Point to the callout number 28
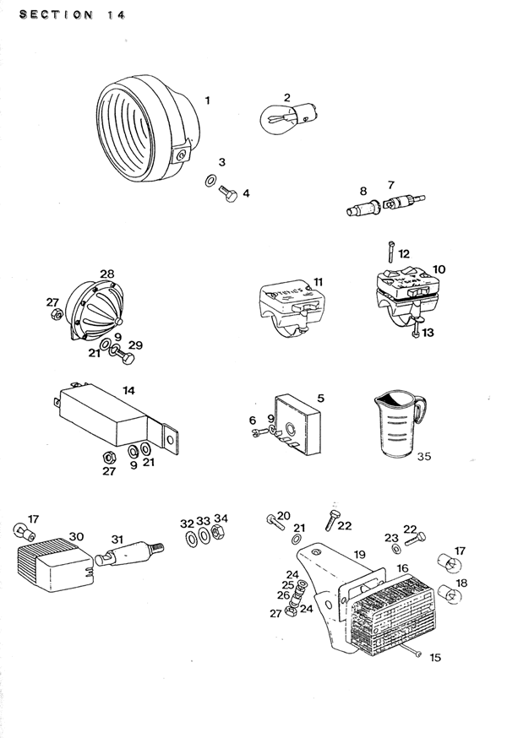click(x=106, y=274)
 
